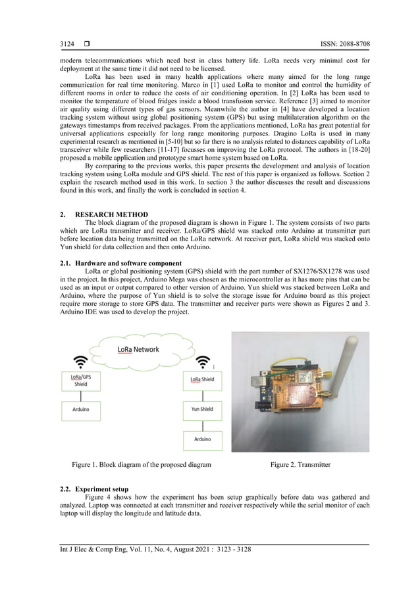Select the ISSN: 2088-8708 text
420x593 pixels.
tap(343, 44)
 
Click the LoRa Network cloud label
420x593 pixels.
tap(138, 350)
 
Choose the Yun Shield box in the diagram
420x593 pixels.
tap(202, 408)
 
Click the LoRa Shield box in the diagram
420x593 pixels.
tap(202, 379)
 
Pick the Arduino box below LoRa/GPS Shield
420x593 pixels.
tap(80, 409)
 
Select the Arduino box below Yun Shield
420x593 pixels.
tap(202, 439)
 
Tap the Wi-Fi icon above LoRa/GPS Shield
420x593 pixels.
tap(80, 362)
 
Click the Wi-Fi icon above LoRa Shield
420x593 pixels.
tap(203, 362)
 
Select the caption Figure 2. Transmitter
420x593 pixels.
tap(300, 465)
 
